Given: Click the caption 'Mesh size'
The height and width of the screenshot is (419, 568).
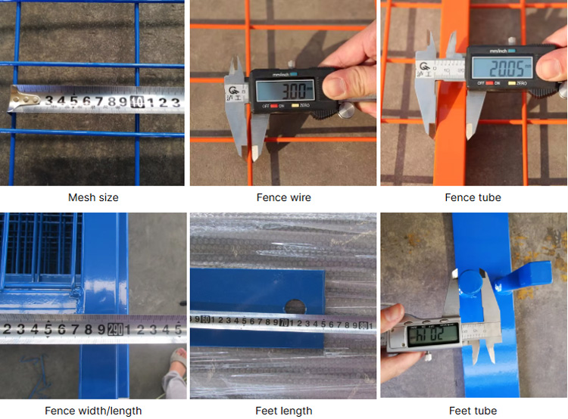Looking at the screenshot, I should pyautogui.click(x=93, y=197).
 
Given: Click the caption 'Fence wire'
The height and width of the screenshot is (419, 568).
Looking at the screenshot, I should pyautogui.click(x=283, y=197).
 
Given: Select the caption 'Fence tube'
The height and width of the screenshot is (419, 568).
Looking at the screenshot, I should pyautogui.click(x=473, y=197).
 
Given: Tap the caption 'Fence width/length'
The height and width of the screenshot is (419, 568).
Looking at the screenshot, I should pyautogui.click(x=93, y=411).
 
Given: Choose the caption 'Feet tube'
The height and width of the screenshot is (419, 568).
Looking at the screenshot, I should pyautogui.click(x=473, y=411).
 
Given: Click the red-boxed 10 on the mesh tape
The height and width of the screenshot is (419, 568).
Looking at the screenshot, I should pyautogui.click(x=137, y=101).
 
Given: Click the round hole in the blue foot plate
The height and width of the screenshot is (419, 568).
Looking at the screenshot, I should pyautogui.click(x=295, y=307).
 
